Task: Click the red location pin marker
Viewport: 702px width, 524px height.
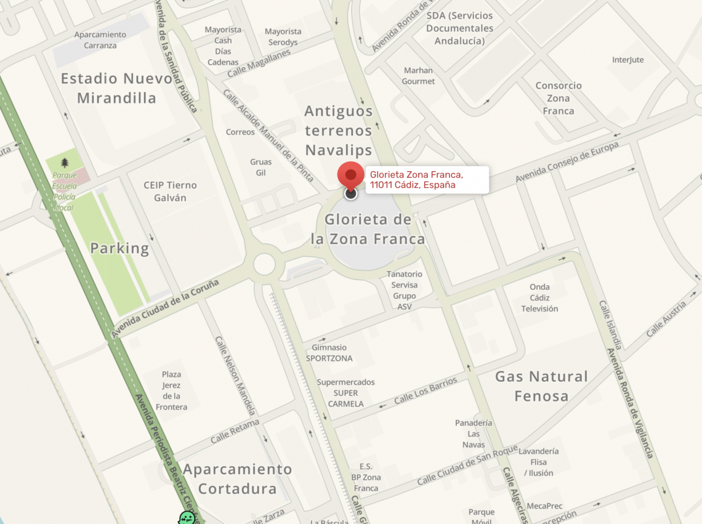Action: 350,175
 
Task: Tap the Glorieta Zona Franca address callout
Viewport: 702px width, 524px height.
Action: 427,180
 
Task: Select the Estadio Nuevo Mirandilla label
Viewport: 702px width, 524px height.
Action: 116,88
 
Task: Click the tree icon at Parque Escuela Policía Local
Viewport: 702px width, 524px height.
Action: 65,163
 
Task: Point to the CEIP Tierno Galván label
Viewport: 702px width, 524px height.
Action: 169,191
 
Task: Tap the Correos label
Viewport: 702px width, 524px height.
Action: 240,132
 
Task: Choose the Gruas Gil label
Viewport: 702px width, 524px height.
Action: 260,167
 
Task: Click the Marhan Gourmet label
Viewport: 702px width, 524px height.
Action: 418,76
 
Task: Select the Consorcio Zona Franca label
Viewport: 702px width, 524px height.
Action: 558,99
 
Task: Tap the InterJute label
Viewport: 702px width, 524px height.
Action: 627,60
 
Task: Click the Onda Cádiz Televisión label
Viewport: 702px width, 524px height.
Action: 539,297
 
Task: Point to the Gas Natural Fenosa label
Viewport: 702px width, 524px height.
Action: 541,386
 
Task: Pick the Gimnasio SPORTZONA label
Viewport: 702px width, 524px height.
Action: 329,353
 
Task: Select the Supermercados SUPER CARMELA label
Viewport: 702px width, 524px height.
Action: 345,393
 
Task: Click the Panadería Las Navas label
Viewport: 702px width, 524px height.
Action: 473,433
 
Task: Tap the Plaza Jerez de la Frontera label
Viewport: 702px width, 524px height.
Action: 171,390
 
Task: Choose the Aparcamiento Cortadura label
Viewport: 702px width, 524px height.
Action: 237,479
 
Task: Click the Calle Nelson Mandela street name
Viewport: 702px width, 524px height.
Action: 235,375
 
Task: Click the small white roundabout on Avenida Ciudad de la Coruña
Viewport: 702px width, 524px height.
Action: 264,264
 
